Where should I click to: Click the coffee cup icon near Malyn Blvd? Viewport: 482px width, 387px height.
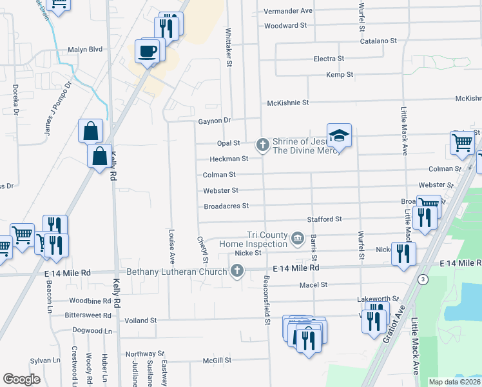tap(148, 51)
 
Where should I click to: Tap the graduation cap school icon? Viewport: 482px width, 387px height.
tap(339, 135)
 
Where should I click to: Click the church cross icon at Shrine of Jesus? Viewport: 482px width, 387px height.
tap(262, 144)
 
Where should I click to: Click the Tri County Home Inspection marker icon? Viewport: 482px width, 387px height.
tap(297, 239)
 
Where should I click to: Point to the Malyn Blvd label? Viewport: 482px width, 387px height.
tap(85, 49)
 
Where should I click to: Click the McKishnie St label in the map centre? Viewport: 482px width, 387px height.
tap(288, 103)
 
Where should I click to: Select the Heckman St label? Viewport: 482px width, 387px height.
tap(229, 159)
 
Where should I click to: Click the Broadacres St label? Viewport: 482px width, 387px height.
tap(226, 206)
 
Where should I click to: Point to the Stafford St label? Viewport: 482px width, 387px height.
tap(324, 219)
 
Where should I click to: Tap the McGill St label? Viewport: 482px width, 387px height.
tap(217, 361)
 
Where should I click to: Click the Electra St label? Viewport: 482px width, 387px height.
tap(329, 59)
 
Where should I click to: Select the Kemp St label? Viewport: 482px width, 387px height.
tap(340, 75)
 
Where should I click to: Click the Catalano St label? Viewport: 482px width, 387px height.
tap(378, 41)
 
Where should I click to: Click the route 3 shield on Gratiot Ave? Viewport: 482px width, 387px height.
tap(423, 279)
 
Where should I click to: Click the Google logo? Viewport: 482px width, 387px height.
tap(22, 379)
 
